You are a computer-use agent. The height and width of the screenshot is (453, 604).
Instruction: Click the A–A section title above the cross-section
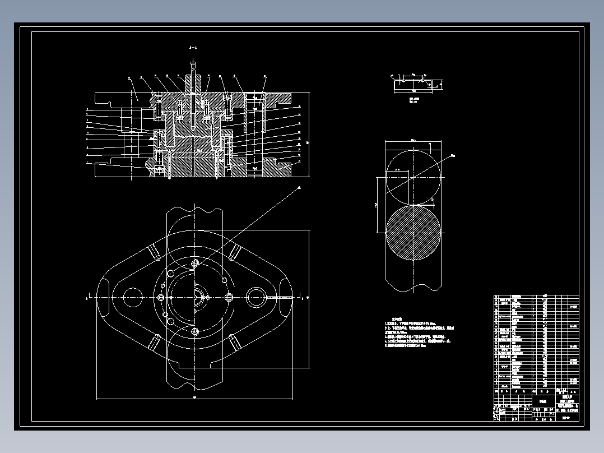click(193, 48)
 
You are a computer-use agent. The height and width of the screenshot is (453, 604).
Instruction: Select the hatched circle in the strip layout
click(414, 232)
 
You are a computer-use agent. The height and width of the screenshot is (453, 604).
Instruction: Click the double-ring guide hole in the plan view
click(255, 297)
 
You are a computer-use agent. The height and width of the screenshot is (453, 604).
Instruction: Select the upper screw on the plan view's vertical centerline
click(195, 263)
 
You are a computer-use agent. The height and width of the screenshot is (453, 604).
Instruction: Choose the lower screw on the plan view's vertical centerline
click(195, 331)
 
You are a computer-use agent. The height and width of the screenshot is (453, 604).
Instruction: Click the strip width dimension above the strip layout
click(413, 140)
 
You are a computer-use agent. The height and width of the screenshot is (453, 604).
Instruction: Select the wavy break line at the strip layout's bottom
click(413, 288)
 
